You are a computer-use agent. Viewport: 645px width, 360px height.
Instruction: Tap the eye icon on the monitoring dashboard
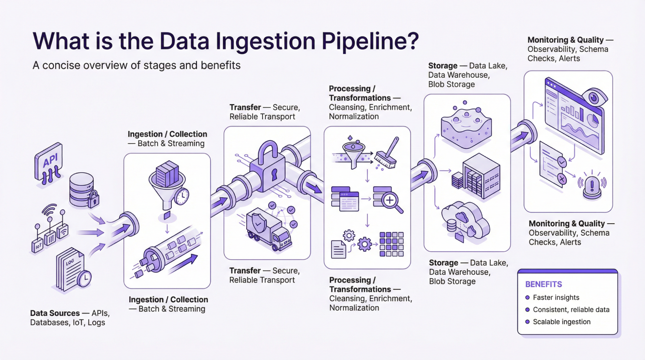coord(594,97)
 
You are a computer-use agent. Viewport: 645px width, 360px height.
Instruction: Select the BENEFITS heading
coord(543,284)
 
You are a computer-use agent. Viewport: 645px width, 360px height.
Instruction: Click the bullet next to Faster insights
coord(527,297)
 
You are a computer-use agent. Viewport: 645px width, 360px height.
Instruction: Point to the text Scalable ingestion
coord(561,322)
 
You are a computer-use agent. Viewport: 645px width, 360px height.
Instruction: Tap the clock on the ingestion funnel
coord(182,196)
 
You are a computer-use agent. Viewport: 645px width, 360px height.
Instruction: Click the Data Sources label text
coord(55,313)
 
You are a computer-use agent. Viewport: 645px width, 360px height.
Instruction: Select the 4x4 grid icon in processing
coord(391,244)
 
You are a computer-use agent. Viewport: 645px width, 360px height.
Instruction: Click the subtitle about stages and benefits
coord(136,65)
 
